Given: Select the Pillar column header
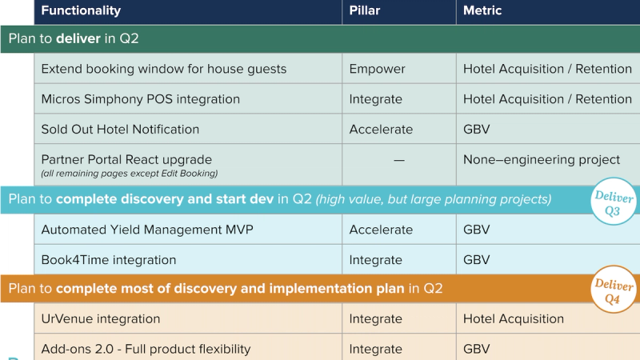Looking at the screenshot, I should click(x=366, y=11).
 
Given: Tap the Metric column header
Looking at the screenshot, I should click(x=482, y=11).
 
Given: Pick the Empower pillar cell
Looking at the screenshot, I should click(x=378, y=69).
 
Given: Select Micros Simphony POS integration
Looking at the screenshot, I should click(x=141, y=99).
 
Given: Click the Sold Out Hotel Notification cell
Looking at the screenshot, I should click(x=120, y=130).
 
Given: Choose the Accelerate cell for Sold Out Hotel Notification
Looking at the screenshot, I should click(x=381, y=130).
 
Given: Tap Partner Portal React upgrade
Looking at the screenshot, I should click(x=126, y=160).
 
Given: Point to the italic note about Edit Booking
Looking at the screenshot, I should click(x=130, y=174).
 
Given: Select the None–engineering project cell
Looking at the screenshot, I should click(x=542, y=160).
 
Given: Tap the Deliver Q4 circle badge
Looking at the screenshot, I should click(x=613, y=292).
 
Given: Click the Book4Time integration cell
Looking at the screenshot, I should click(x=109, y=260).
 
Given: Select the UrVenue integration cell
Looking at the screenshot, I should click(x=101, y=319).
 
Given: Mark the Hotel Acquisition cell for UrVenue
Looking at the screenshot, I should click(x=513, y=319).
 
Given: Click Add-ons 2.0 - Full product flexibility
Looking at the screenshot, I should click(x=146, y=349).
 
